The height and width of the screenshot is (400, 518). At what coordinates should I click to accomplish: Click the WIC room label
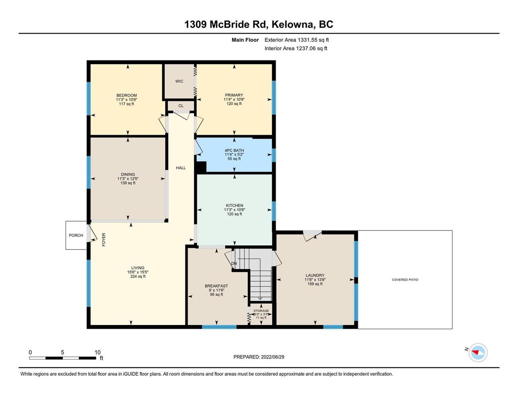click(179, 81)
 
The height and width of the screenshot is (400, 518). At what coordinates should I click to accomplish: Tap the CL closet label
click(181, 106)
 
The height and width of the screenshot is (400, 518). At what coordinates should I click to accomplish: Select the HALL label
click(181, 168)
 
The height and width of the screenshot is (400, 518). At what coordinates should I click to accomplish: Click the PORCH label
click(76, 235)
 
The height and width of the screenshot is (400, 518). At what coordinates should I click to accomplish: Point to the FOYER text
click(104, 239)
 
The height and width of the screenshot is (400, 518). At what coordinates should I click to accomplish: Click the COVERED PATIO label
click(405, 279)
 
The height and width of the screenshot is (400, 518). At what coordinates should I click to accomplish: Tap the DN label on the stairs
click(234, 263)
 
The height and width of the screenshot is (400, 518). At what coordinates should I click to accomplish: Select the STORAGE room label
click(261, 311)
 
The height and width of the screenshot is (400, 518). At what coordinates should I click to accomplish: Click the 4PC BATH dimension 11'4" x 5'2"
click(234, 154)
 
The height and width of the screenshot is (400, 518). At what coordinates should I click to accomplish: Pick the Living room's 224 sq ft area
click(138, 276)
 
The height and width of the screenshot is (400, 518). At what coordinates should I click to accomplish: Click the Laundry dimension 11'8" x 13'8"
click(315, 280)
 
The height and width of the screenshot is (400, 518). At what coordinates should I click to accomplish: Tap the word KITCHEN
click(234, 205)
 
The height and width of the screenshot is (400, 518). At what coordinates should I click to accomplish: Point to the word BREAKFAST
click(216, 286)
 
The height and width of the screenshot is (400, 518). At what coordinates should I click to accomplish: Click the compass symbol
click(478, 353)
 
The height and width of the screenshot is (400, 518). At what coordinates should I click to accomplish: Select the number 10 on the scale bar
click(97, 352)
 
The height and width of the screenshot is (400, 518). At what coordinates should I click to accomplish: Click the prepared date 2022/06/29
click(273, 357)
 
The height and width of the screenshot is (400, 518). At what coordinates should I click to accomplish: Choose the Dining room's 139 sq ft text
click(128, 183)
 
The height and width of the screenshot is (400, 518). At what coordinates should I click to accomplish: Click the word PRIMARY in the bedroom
click(234, 95)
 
